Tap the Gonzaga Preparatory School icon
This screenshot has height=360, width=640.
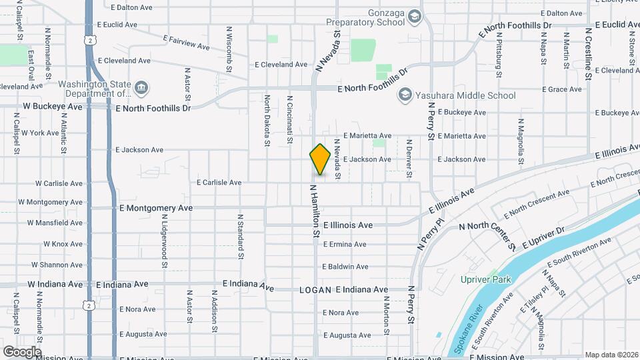[x=415, y=16]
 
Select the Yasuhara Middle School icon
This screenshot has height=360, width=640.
[x=405, y=96]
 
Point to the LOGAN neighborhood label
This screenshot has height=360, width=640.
[x=315, y=290]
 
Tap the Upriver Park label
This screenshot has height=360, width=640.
[x=485, y=279]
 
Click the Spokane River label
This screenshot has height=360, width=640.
[x=467, y=331]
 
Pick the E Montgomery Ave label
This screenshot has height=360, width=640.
[x=156, y=208]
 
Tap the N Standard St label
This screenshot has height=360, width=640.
[x=239, y=236]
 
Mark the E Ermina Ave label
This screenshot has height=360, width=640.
[x=345, y=245]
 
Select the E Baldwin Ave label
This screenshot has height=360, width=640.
[x=345, y=267]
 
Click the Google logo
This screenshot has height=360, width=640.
[x=21, y=351]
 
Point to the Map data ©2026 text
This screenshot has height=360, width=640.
[x=611, y=355]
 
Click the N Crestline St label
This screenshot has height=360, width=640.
[x=588, y=53]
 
